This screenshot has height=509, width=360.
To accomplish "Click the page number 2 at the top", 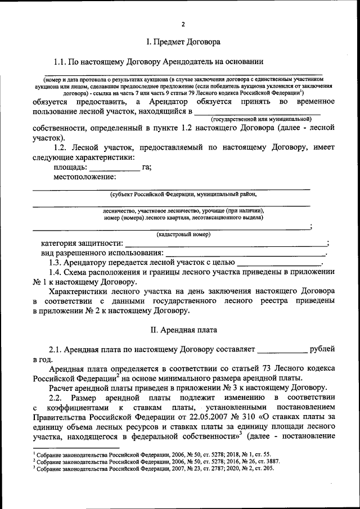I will pos(183,24).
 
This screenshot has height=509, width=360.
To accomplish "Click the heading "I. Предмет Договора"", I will pos(183,42).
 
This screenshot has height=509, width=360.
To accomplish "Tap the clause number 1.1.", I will pos(60,61).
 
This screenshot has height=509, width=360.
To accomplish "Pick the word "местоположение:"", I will pos(84,177).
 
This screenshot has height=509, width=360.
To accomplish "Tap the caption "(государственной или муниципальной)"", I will pos(261,120).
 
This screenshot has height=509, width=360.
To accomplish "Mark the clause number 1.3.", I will pos(56,263).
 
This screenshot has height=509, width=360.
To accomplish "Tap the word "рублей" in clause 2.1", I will pos(322,349).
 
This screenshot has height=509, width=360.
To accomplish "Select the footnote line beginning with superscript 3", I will pos(152,469).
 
